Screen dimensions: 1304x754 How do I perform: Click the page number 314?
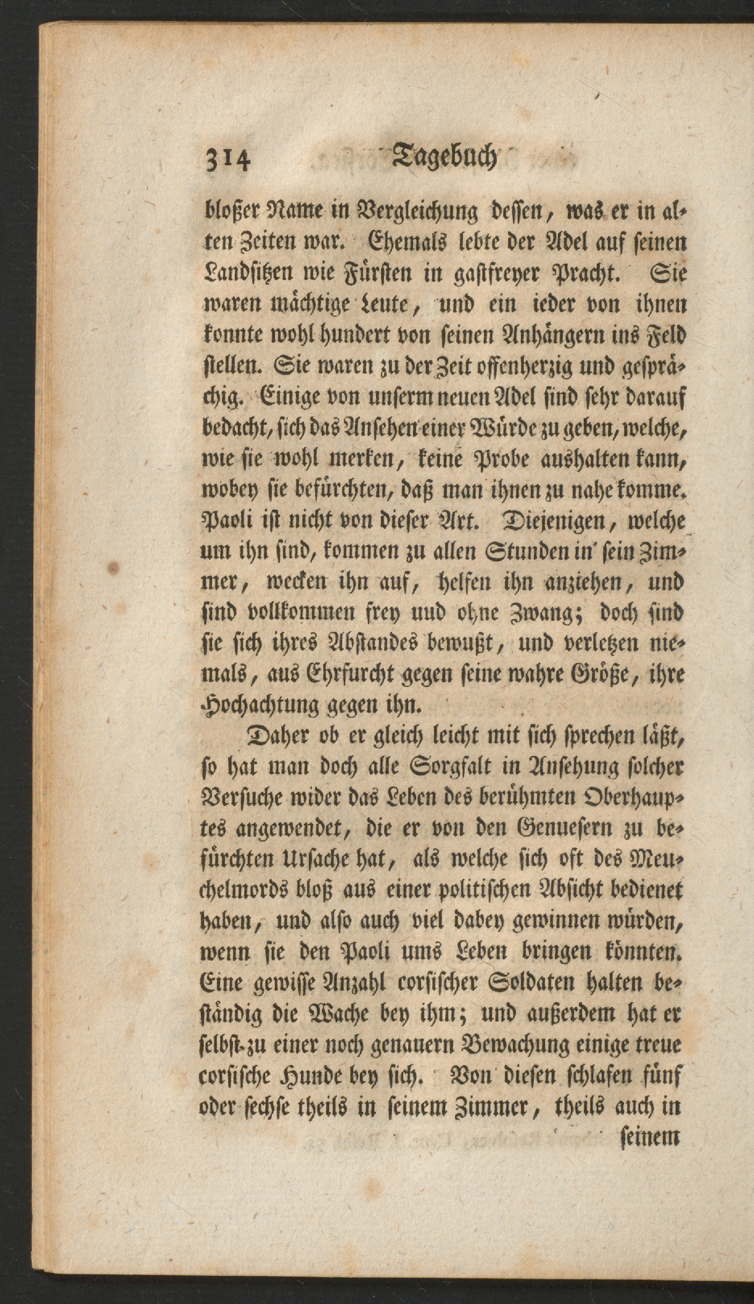tap(228, 160)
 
